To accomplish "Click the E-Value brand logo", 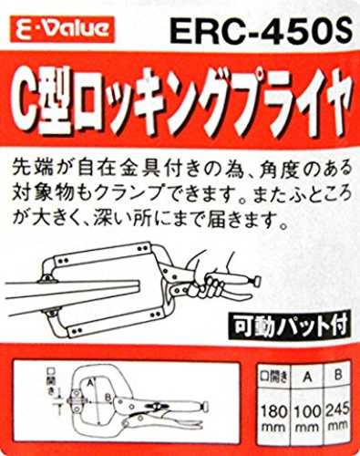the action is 62,29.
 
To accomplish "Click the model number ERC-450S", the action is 262,30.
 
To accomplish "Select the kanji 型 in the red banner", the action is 57,103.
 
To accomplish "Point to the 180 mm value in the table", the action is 273,418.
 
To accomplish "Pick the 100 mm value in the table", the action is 307,418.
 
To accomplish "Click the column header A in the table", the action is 307,378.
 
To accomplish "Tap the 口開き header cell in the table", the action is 274,378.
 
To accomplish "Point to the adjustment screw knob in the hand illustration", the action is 257,280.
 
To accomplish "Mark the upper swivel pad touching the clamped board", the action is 46,279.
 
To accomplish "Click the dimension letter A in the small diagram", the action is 89,381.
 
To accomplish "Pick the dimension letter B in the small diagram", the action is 108,398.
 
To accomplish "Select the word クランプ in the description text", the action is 139,193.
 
